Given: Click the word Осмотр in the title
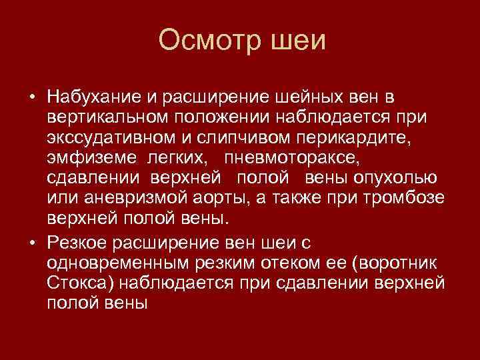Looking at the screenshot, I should pyautogui.click(x=206, y=41).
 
